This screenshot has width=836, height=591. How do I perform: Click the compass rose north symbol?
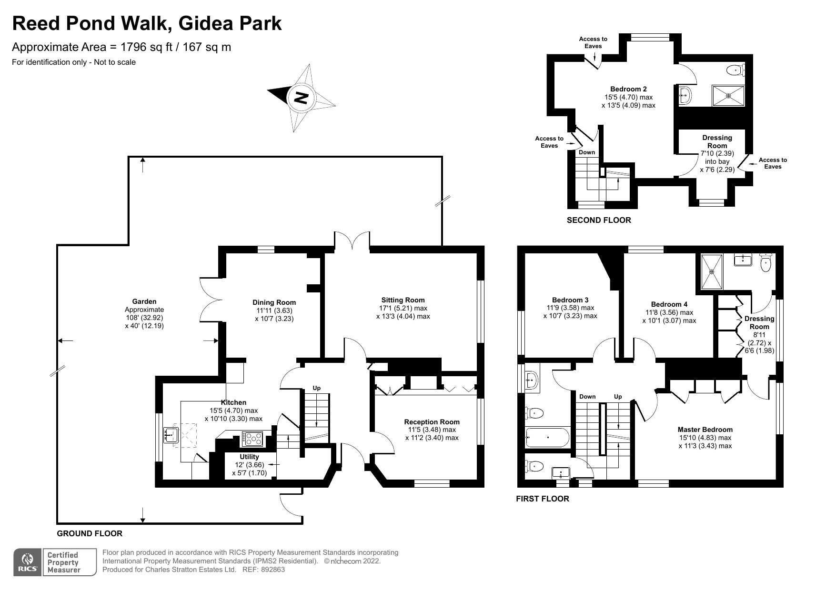[301, 99]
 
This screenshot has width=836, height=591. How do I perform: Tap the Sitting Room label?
[403, 300]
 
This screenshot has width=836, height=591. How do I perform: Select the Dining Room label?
[274, 302]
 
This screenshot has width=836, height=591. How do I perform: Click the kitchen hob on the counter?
[253, 439]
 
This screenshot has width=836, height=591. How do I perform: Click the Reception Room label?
[432, 421]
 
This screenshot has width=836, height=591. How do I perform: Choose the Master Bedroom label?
[705, 430]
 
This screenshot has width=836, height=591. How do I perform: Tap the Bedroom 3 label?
[570, 300]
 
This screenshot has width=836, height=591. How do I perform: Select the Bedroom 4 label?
[669, 304]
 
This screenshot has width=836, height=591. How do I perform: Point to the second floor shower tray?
[728, 96]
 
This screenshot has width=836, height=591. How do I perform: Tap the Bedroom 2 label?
[628, 89]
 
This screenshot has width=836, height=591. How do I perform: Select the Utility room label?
[249, 457]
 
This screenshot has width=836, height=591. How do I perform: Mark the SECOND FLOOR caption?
[598, 220]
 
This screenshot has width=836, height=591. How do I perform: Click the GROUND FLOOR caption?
[90, 533]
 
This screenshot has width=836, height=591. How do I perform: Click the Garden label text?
[144, 301]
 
